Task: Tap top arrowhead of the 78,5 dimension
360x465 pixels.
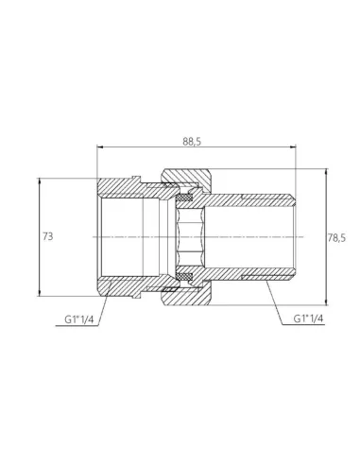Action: coord(320,172)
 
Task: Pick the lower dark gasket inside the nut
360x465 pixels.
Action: coord(188,274)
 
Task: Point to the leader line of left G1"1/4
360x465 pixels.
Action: coord(102,301)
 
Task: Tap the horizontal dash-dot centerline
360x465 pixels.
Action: coord(246,235)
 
